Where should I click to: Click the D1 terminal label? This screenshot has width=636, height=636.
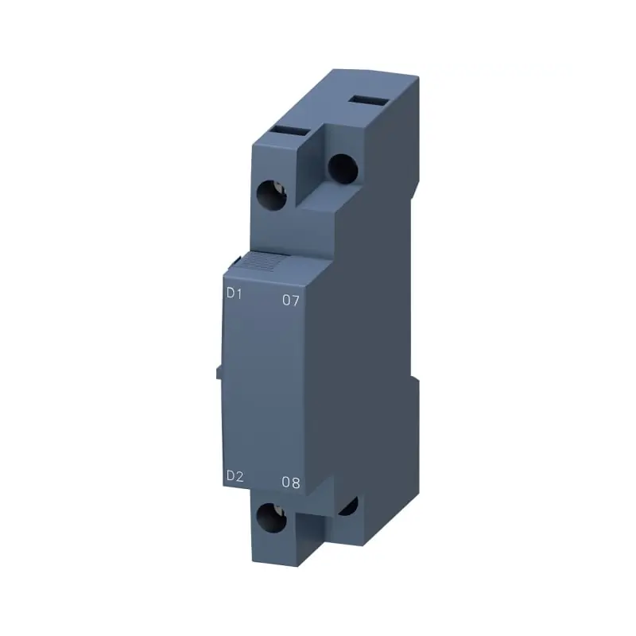(x=234, y=293)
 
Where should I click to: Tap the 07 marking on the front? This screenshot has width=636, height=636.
(x=292, y=301)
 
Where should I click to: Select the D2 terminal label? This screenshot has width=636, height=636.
(x=234, y=476)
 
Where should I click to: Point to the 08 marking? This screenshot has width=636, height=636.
(x=291, y=483)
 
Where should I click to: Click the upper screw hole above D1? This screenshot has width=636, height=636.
(x=273, y=195)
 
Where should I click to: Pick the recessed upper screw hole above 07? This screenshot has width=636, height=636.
(x=341, y=167)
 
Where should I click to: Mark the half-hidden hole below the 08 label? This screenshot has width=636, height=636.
(x=348, y=506)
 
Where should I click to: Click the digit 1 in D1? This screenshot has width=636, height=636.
(x=239, y=293)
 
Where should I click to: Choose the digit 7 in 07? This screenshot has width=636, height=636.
(x=297, y=301)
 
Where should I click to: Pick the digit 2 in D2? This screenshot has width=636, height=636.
(x=239, y=476)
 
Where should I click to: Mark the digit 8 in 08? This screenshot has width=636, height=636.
(x=297, y=483)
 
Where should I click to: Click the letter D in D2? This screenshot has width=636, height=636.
(x=229, y=476)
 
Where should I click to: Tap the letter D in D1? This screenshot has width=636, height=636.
(x=229, y=293)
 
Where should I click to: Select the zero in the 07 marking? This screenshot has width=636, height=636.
(x=287, y=301)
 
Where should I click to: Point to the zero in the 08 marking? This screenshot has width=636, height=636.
(x=286, y=483)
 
